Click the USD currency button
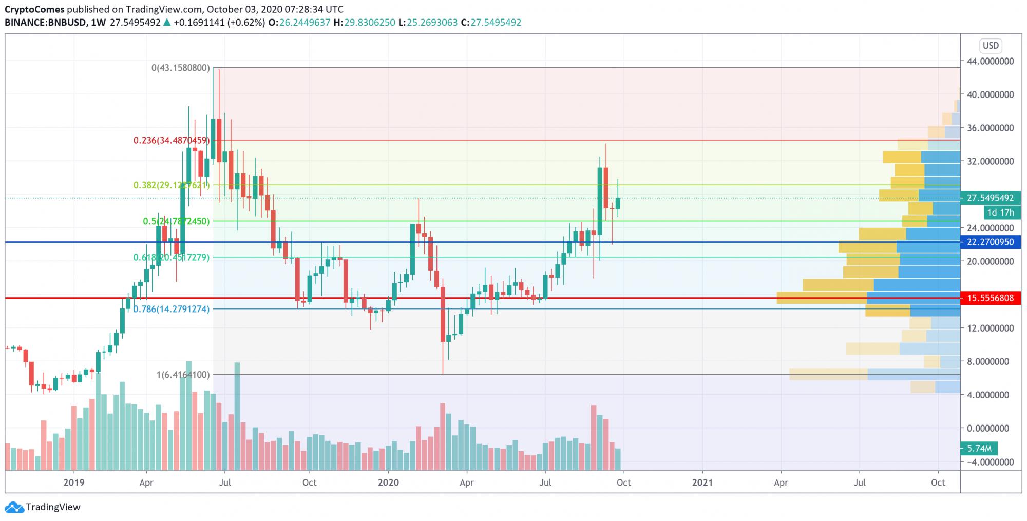coord(991,46)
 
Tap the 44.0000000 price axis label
coord(990,61)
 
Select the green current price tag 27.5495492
coord(990,198)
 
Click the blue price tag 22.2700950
coord(990,242)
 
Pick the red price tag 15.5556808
coord(990,298)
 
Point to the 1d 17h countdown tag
coord(1000,212)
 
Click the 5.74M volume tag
coord(979,448)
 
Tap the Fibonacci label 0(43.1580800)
coord(180,68)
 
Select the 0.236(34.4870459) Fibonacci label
coord(171,140)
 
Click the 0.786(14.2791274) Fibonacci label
coord(172,309)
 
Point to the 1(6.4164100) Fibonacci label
coord(183,375)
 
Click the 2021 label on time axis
coord(702,483)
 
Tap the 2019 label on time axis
coord(73,483)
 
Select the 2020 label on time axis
coord(388,483)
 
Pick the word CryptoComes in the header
coord(34,9)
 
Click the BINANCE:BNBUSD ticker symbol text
coord(45,23)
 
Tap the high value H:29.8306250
coord(364,23)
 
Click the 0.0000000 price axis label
coord(990,428)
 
